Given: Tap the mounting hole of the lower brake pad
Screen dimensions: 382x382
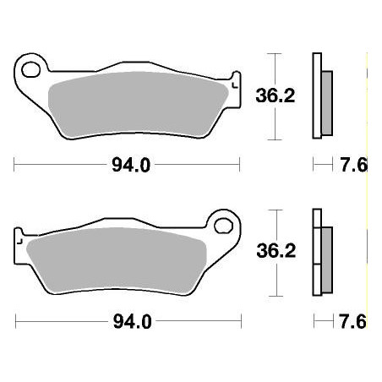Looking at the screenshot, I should coord(224,226).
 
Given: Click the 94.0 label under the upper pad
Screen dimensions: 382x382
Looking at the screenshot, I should coord(131,166).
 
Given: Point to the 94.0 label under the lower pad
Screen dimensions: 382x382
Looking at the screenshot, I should coord(131,322).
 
